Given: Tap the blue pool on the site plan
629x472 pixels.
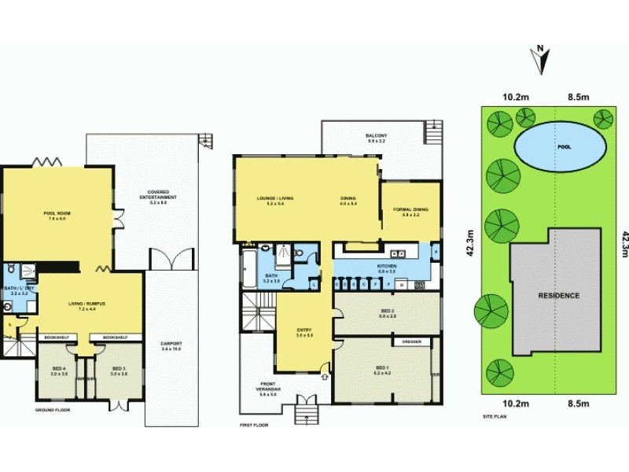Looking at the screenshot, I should [x=561, y=147].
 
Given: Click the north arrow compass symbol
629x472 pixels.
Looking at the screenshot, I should [x=542, y=58].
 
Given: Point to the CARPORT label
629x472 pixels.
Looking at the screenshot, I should [x=171, y=345].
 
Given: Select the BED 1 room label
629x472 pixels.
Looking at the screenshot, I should [x=383, y=369].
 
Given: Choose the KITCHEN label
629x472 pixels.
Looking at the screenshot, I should [x=386, y=267].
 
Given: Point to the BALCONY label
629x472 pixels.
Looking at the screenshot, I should [x=376, y=136].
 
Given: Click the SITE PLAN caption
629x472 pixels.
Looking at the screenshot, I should [x=495, y=415].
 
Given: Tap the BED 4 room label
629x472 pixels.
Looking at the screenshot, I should [x=61, y=369].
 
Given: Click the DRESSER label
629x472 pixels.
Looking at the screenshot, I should [x=411, y=342].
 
